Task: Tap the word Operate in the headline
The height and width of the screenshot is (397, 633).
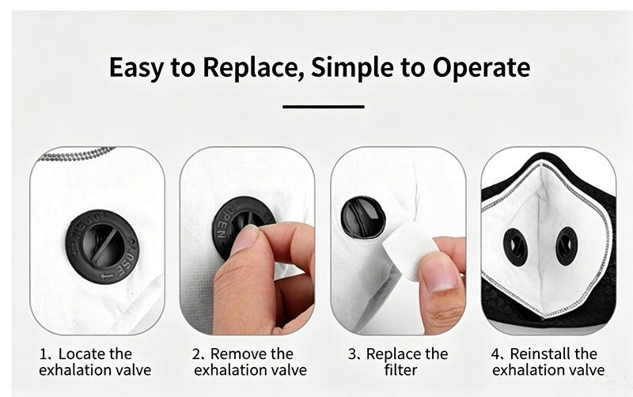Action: tap(482, 67)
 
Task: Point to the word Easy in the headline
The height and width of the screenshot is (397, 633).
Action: tap(136, 68)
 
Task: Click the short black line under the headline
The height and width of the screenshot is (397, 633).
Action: tap(324, 107)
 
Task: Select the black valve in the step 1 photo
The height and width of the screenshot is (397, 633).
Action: tap(102, 246)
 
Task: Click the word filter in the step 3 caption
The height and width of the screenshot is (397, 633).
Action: tap(400, 370)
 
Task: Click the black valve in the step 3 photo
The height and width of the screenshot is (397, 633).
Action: tap(363, 217)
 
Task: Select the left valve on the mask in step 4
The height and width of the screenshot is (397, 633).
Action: tap(515, 247)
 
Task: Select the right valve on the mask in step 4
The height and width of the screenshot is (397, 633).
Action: tap(567, 246)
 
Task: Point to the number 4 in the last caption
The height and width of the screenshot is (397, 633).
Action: tap(495, 354)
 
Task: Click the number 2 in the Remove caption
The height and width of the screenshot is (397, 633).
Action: tap(196, 354)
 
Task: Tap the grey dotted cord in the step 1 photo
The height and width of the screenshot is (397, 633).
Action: tap(77, 155)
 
